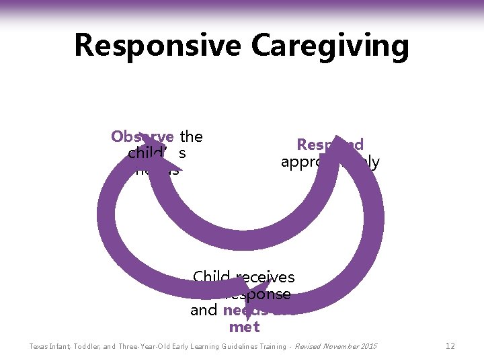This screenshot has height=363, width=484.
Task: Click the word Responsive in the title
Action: click(157, 46)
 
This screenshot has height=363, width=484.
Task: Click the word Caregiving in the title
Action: click(330, 46)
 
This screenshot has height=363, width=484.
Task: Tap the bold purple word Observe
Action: click(142, 136)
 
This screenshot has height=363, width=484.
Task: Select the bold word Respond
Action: click(330, 145)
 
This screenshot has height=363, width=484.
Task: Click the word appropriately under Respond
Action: click(330, 162)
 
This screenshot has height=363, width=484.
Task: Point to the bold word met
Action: click(243, 327)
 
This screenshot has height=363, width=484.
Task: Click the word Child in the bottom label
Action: click(212, 277)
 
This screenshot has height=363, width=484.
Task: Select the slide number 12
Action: click(450, 346)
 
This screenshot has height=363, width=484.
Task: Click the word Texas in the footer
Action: click(38, 347)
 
